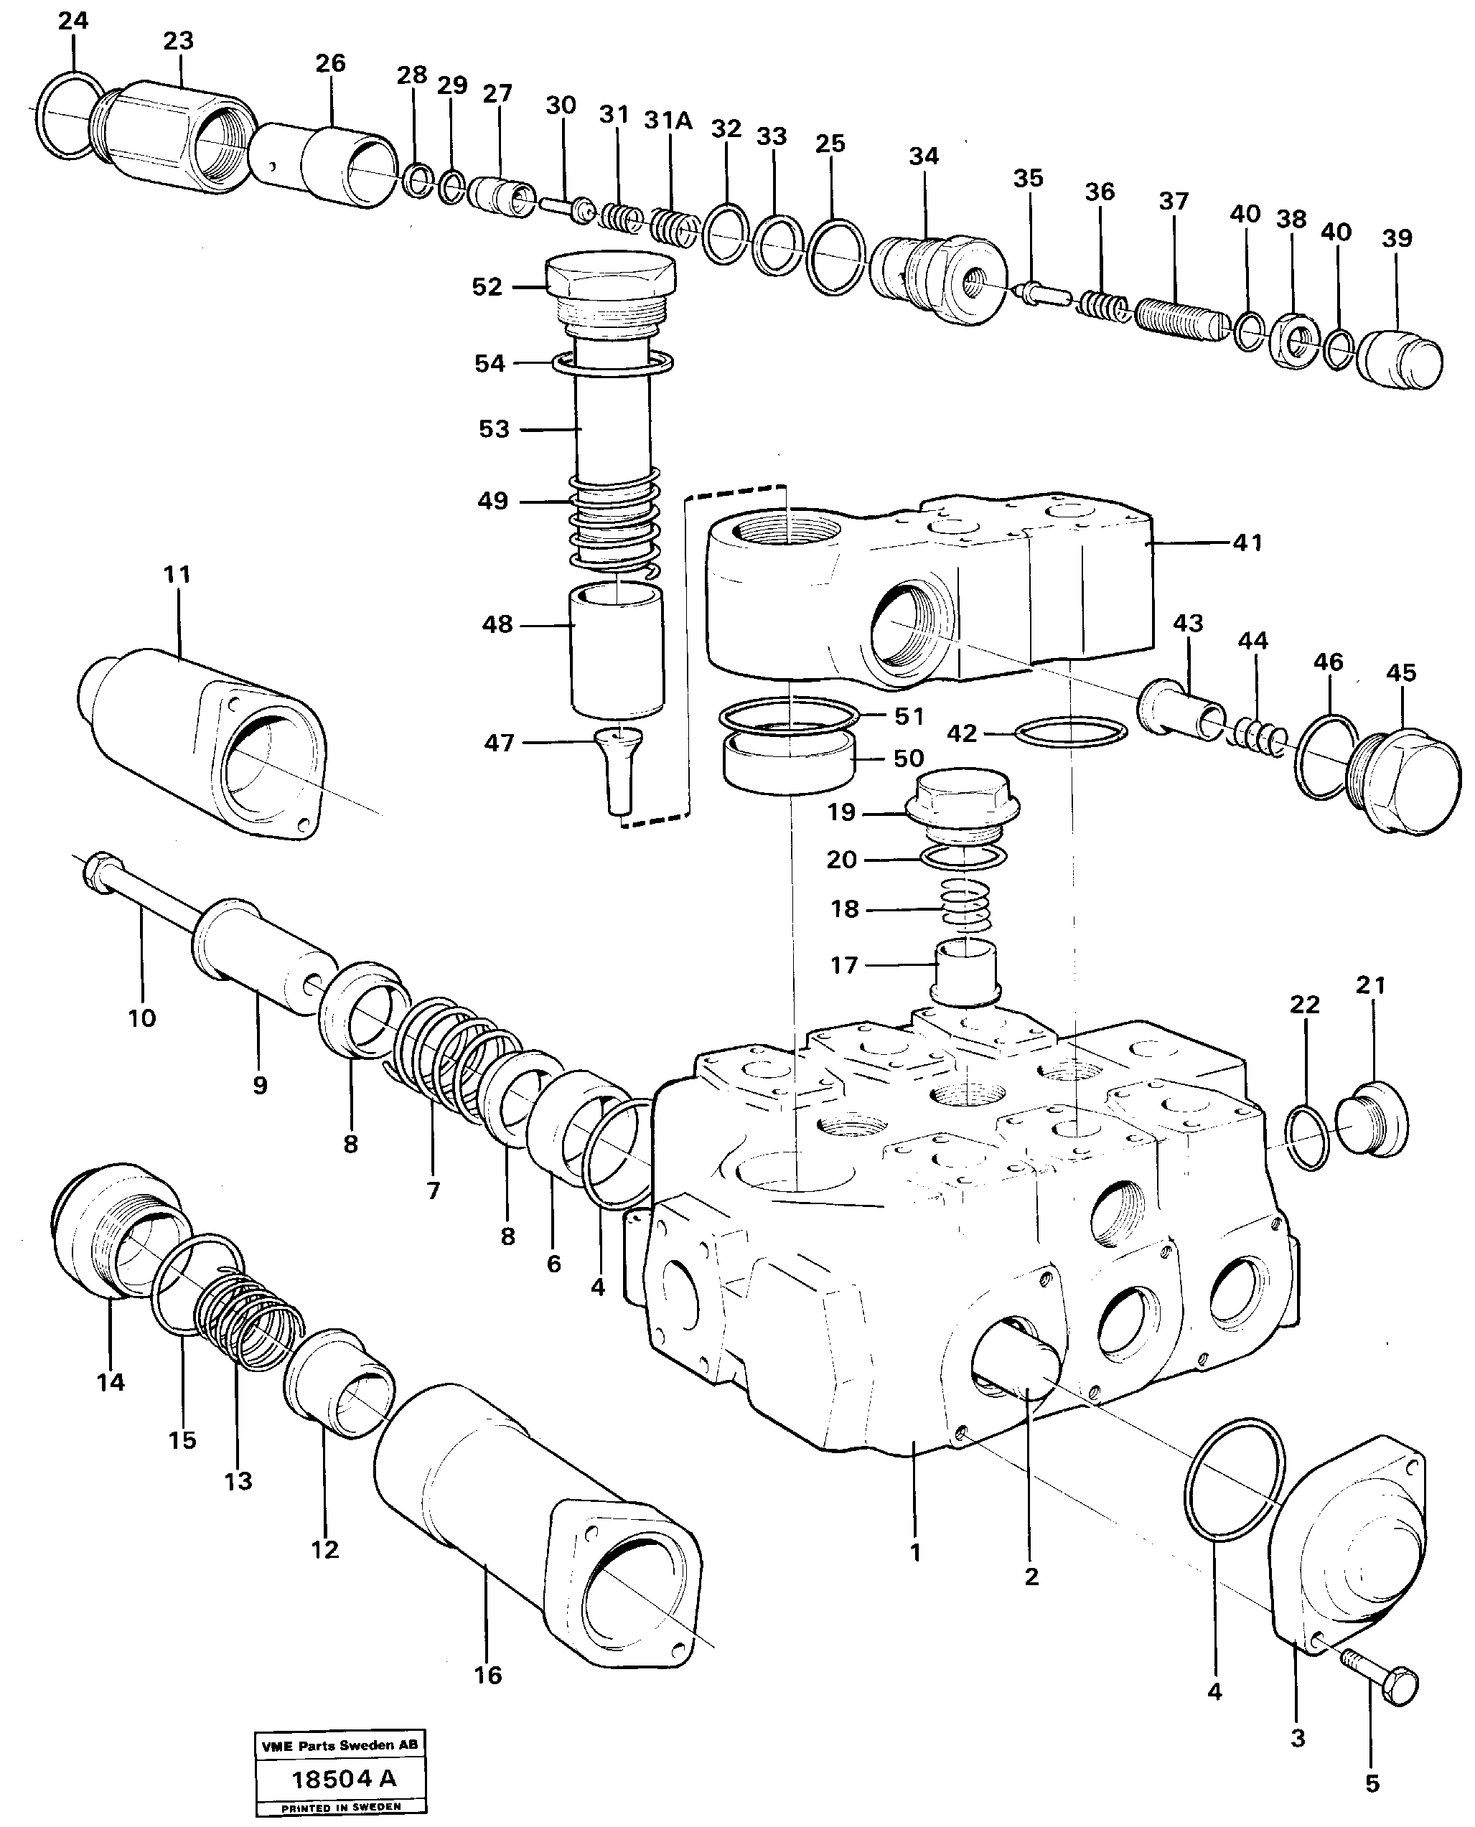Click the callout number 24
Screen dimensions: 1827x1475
(73, 20)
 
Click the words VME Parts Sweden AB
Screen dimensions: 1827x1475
(340, 1745)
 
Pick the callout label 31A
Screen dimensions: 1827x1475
(668, 121)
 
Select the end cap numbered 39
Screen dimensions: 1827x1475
(1400, 360)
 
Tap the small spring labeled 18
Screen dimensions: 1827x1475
(967, 908)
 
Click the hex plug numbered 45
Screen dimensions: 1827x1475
(1402, 781)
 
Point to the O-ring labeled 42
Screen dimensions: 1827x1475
(1071, 731)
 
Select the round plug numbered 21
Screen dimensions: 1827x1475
(1372, 1119)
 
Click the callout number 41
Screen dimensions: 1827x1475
(1247, 542)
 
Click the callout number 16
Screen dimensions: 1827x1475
(487, 1675)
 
